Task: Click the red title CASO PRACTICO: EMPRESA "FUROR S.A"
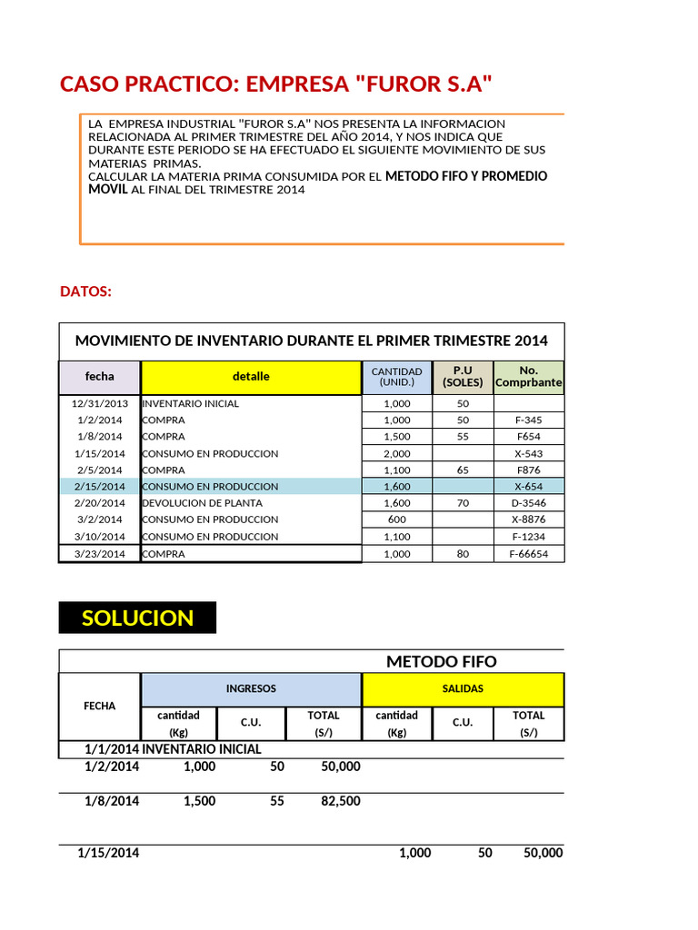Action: click(277, 84)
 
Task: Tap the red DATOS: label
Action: click(86, 292)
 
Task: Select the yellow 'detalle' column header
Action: click(251, 376)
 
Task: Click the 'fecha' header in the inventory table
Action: click(100, 376)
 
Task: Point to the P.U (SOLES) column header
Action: click(463, 376)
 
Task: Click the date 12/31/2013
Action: click(100, 403)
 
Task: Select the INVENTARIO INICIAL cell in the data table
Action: click(191, 403)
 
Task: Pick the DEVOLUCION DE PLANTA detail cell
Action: click(203, 503)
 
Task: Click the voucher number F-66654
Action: click(528, 554)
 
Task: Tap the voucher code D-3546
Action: click(528, 503)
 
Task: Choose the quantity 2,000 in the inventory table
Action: click(397, 453)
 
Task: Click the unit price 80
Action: click(463, 554)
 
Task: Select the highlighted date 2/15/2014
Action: click(100, 487)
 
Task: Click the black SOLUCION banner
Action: click(137, 618)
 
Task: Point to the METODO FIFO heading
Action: click(442, 661)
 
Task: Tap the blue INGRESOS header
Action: click(251, 689)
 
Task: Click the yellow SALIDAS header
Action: click(463, 689)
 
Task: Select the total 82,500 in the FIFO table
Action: click(341, 802)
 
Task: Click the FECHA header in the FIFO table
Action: click(100, 706)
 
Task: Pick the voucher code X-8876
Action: click(528, 519)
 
